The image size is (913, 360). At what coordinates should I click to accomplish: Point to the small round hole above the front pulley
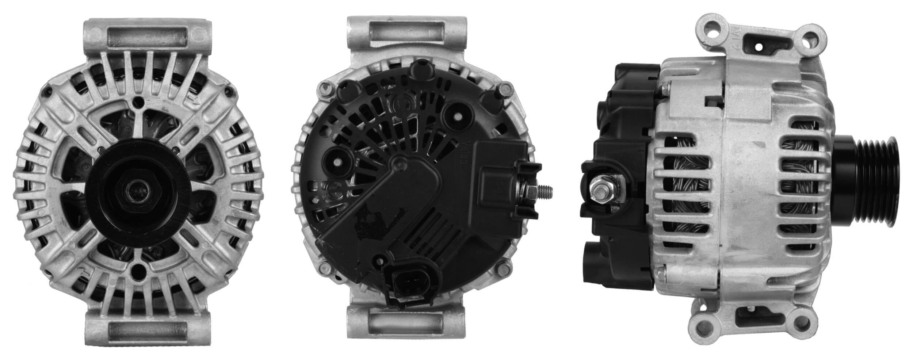coord(138,102)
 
